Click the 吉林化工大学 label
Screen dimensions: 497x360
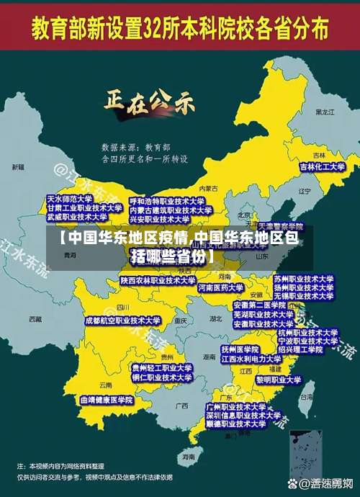[323, 166]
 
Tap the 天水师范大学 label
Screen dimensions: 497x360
[69, 198]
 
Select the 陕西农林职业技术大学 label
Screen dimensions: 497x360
[158, 280]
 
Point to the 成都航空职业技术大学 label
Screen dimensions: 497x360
[122, 320]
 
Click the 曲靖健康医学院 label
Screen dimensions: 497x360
[107, 399]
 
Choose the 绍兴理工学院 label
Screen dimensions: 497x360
[305, 349]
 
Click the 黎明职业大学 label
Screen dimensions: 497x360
[279, 379]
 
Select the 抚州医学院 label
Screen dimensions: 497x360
[240, 349]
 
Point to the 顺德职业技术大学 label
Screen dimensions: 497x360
[236, 425]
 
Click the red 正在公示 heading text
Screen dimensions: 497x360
[150, 102]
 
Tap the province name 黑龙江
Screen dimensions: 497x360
[325, 112]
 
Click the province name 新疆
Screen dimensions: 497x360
[18, 167]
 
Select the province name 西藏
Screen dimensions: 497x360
[35, 318]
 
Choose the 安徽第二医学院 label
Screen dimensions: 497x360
[260, 305]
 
